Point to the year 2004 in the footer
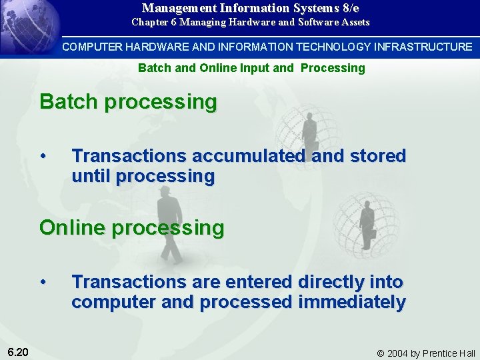(399, 353)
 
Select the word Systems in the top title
(313, 9)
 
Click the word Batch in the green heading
(69, 102)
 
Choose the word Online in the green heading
(73, 227)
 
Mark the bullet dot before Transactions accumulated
(43, 156)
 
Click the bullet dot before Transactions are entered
(43, 282)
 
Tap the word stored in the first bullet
(377, 156)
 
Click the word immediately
(351, 302)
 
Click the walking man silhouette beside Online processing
(168, 227)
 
